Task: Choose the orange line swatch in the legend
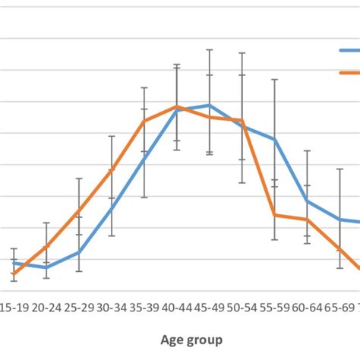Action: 349,73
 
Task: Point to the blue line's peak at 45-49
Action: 210,105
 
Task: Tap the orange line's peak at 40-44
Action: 177,106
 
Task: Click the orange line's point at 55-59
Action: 275,215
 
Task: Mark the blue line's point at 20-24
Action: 46,267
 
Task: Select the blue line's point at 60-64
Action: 308,201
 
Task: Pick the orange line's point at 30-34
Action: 112,169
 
